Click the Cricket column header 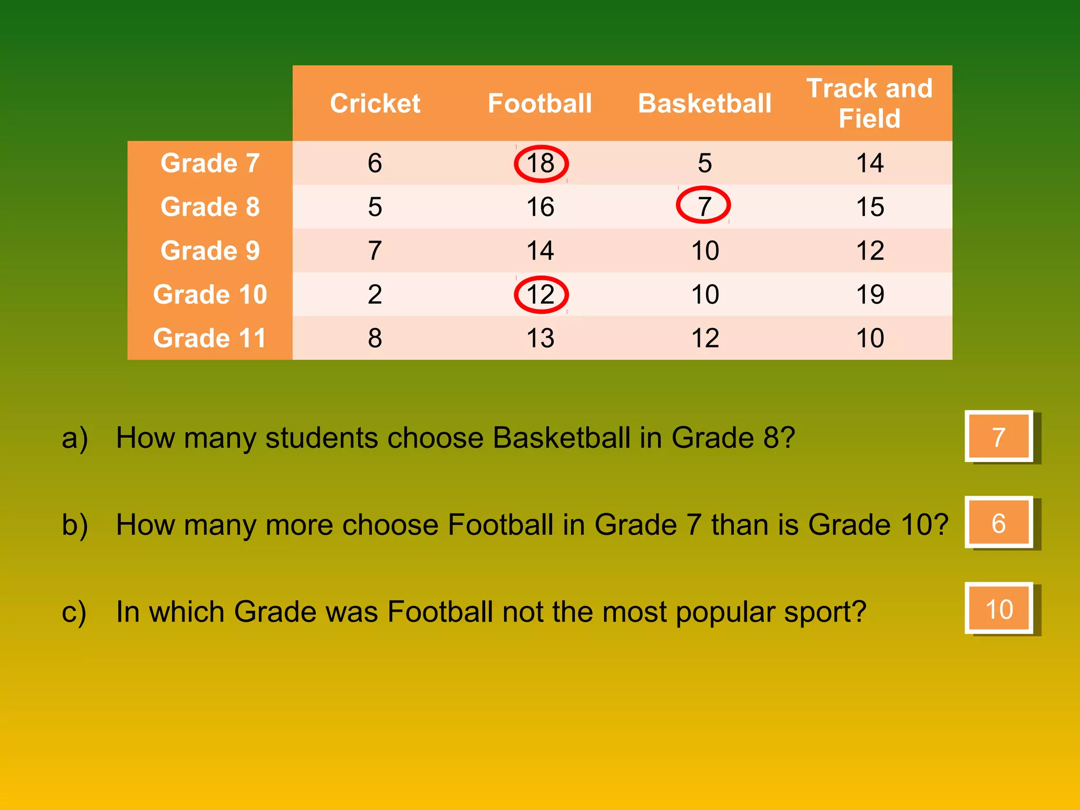pos(375,103)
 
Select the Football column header pos(539,103)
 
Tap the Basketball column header pos(705,103)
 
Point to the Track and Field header pos(870,103)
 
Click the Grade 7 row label pos(210,163)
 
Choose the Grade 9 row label pos(210,250)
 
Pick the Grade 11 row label pos(210,338)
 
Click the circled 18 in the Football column pos(541,163)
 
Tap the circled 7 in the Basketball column pos(703,205)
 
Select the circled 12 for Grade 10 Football pos(541,294)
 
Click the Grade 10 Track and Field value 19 pos(870,294)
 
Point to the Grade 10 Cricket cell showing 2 pos(375,294)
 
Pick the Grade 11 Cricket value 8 pos(375,338)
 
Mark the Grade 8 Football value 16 pos(540,207)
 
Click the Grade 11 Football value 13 pos(540,338)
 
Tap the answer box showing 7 pos(998,437)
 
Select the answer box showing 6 pos(998,523)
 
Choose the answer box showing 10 pos(998,609)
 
